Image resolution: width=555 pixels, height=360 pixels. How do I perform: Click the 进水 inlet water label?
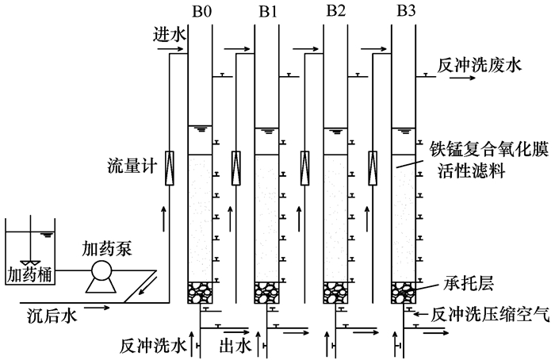tap(168, 36)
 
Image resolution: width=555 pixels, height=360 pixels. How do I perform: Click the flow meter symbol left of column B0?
tap(169, 168)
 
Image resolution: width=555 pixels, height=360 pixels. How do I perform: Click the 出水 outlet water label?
tap(238, 345)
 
